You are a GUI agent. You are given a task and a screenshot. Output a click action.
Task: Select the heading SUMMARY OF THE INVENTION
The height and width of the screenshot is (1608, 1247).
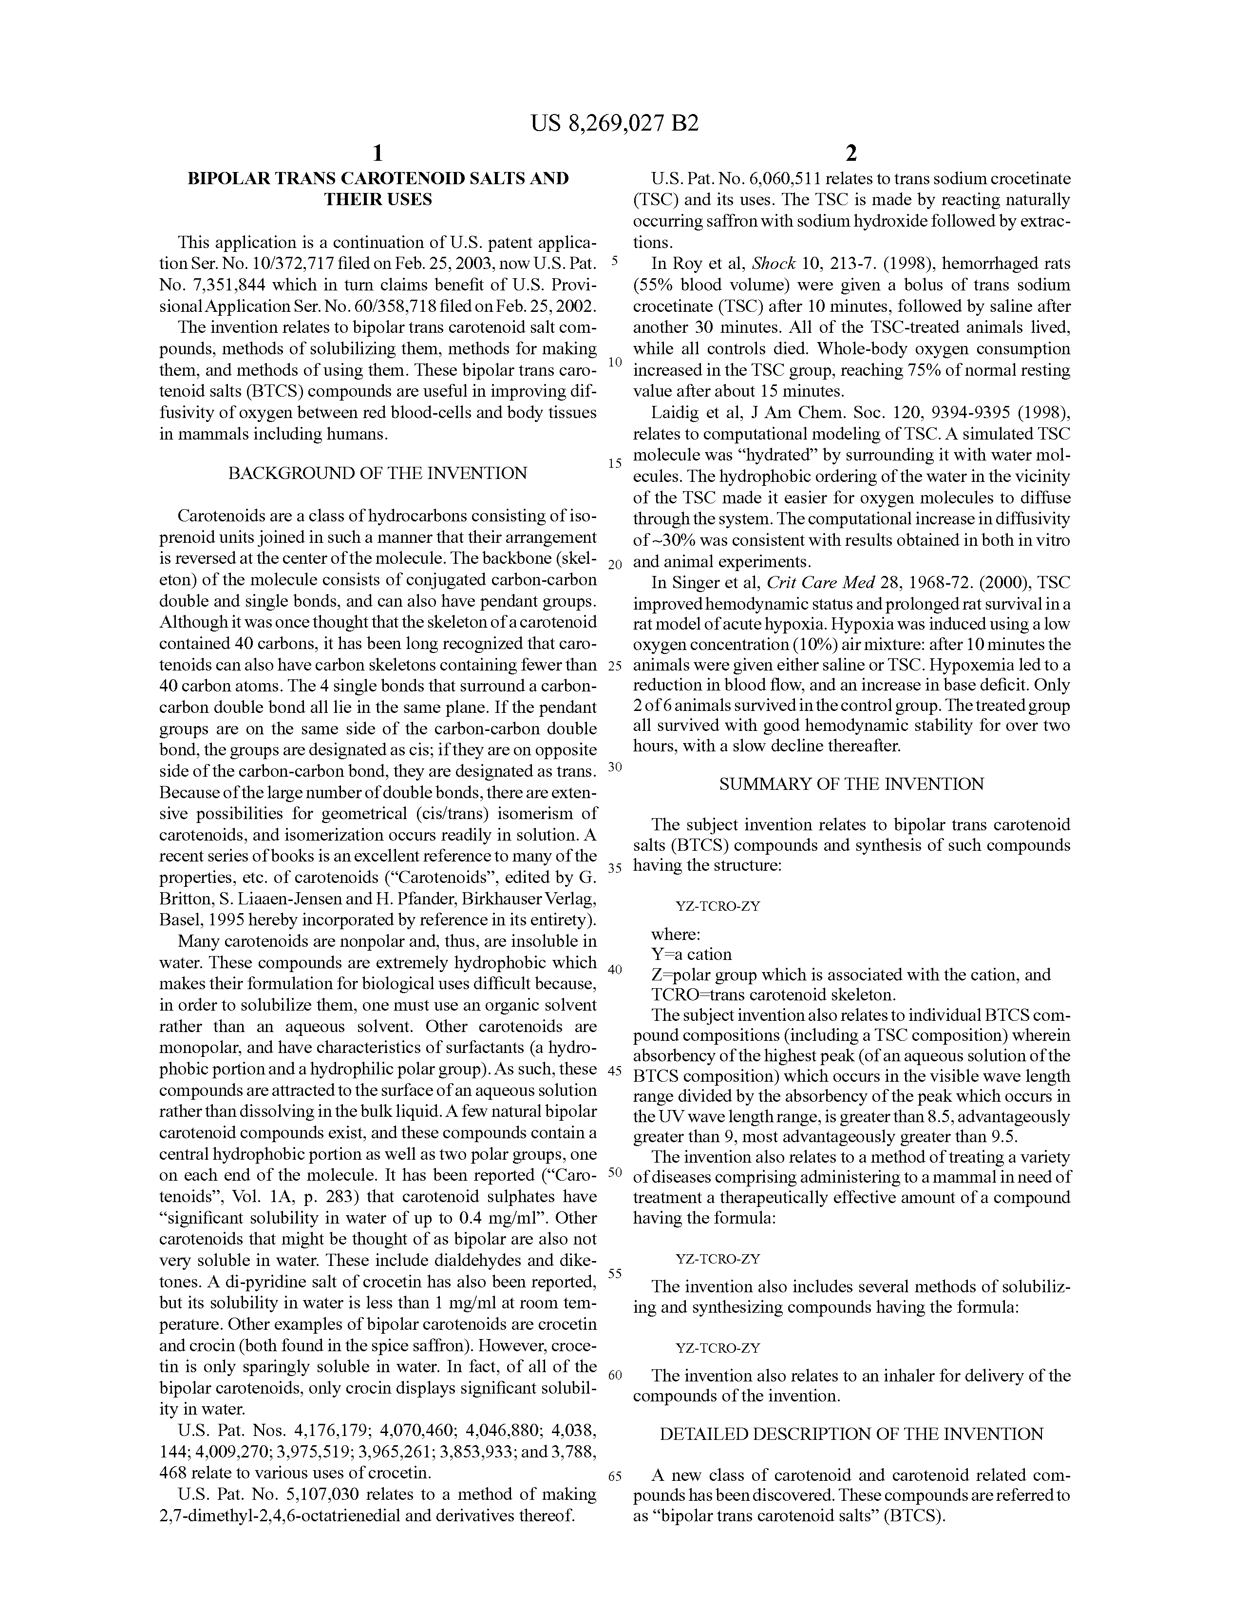point(851,784)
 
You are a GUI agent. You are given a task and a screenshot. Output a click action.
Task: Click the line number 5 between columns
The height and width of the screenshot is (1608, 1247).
point(615,261)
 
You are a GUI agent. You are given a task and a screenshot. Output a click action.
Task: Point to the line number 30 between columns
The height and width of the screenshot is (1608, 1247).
point(615,766)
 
